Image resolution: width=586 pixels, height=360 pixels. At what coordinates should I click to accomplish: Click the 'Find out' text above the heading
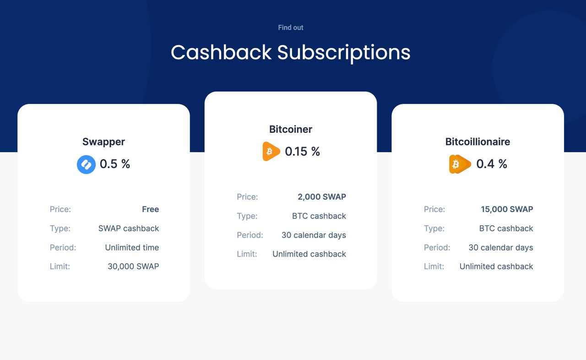pos(291,27)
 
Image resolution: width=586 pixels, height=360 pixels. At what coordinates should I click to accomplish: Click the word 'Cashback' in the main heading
pos(221,52)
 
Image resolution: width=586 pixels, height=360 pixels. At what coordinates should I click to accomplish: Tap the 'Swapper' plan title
pos(103,142)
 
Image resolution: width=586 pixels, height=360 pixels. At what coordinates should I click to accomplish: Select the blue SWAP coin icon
pos(86,164)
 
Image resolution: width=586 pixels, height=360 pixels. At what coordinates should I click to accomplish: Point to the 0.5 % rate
pos(115,164)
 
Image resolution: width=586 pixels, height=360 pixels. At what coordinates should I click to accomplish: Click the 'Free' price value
pos(151,209)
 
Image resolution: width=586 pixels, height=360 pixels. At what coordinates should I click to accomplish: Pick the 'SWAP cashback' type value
pos(129,229)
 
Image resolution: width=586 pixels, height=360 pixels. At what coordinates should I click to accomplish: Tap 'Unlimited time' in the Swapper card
pos(132,247)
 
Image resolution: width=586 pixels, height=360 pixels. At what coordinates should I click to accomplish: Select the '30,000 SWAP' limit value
pos(133,267)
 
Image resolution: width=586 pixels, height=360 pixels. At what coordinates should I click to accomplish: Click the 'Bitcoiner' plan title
pos(291,129)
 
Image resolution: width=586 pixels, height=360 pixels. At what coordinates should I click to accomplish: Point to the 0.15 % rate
pos(303,152)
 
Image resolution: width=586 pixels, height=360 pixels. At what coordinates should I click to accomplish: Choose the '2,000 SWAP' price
pos(322,197)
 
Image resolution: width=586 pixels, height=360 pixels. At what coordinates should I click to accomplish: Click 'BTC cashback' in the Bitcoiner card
pos(319,216)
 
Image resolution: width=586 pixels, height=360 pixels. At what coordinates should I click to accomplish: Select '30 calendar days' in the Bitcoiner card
pos(314,235)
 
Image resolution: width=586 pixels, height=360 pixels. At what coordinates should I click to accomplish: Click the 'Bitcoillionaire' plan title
pos(477,142)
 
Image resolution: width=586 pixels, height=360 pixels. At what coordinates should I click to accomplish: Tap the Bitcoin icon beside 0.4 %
pos(460,164)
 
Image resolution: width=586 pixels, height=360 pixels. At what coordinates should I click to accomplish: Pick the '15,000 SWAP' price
pos(507,209)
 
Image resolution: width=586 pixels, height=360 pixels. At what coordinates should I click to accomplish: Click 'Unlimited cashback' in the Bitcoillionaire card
pos(496,267)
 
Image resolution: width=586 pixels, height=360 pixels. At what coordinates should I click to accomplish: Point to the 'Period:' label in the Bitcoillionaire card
pos(437,247)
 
